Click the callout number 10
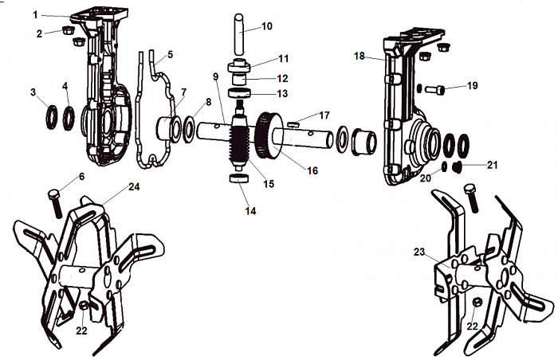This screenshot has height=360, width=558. point(266,26)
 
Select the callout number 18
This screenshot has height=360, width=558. point(359,57)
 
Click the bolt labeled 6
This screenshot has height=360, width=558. point(56,202)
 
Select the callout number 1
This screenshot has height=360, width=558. point(34,14)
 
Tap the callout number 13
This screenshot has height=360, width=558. point(282,93)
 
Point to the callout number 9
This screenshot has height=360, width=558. point(214,76)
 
